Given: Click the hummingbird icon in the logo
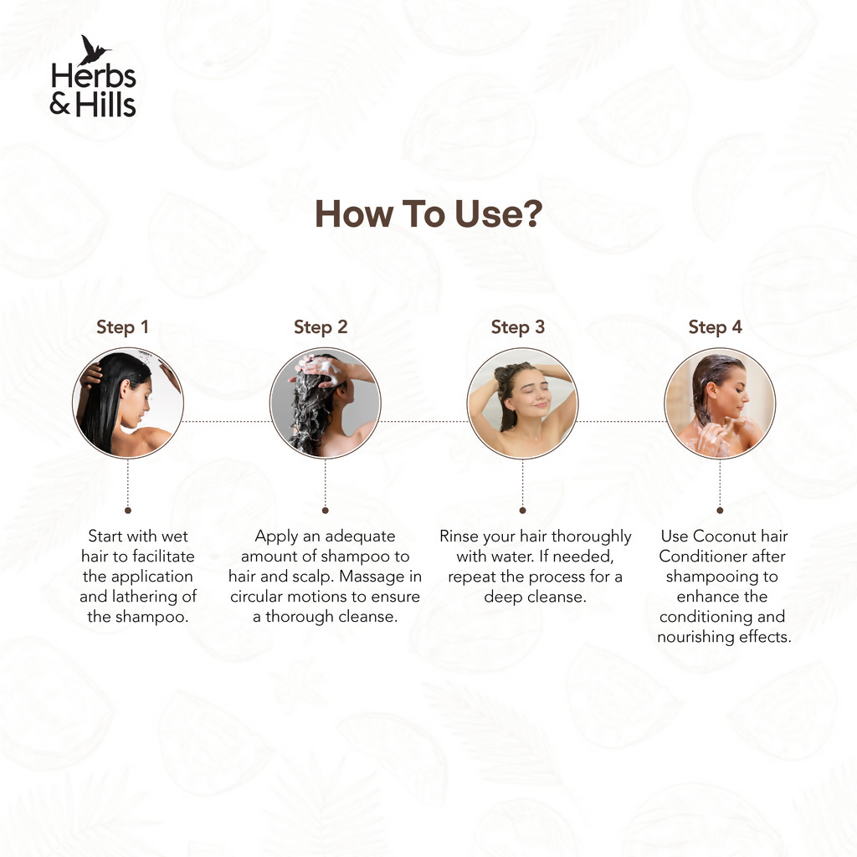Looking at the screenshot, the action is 94,50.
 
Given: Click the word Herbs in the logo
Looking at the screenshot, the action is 94,76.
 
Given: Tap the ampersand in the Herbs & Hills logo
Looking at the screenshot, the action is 60,105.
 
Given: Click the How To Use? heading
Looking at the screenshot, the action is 428,213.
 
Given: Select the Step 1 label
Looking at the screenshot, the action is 122,327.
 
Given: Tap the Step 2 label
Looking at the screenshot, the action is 321,327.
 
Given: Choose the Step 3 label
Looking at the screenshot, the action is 517,327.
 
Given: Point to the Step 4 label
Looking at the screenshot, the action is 715,327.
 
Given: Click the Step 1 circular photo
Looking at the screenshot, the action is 128,403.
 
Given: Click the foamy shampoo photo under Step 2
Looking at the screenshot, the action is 326,403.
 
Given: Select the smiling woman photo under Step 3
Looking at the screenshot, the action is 522,403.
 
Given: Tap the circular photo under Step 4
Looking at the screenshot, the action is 720,403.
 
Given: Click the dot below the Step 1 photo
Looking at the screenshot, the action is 128,511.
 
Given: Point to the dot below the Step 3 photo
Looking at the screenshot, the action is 522,511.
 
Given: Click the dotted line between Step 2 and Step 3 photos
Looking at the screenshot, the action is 424,422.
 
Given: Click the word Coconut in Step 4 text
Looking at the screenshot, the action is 723,536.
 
